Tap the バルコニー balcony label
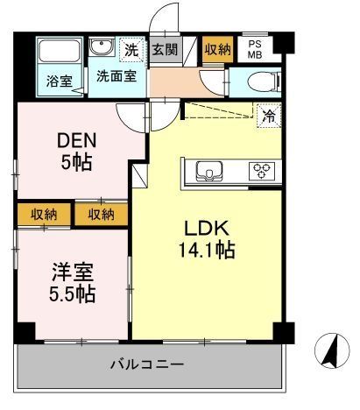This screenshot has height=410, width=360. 146,362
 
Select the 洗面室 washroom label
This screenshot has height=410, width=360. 117,75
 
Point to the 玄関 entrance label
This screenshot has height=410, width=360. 164,49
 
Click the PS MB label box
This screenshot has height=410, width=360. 255,49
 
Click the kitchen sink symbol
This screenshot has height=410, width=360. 211,170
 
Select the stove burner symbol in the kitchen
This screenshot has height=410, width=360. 260,170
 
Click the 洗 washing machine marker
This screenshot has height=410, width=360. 131,49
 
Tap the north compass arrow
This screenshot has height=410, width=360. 331,350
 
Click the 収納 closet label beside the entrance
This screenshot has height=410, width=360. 217,49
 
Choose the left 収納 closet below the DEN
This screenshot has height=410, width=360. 44,214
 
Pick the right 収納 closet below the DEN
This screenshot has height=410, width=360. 101,214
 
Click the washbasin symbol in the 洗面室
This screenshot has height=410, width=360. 102,48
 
